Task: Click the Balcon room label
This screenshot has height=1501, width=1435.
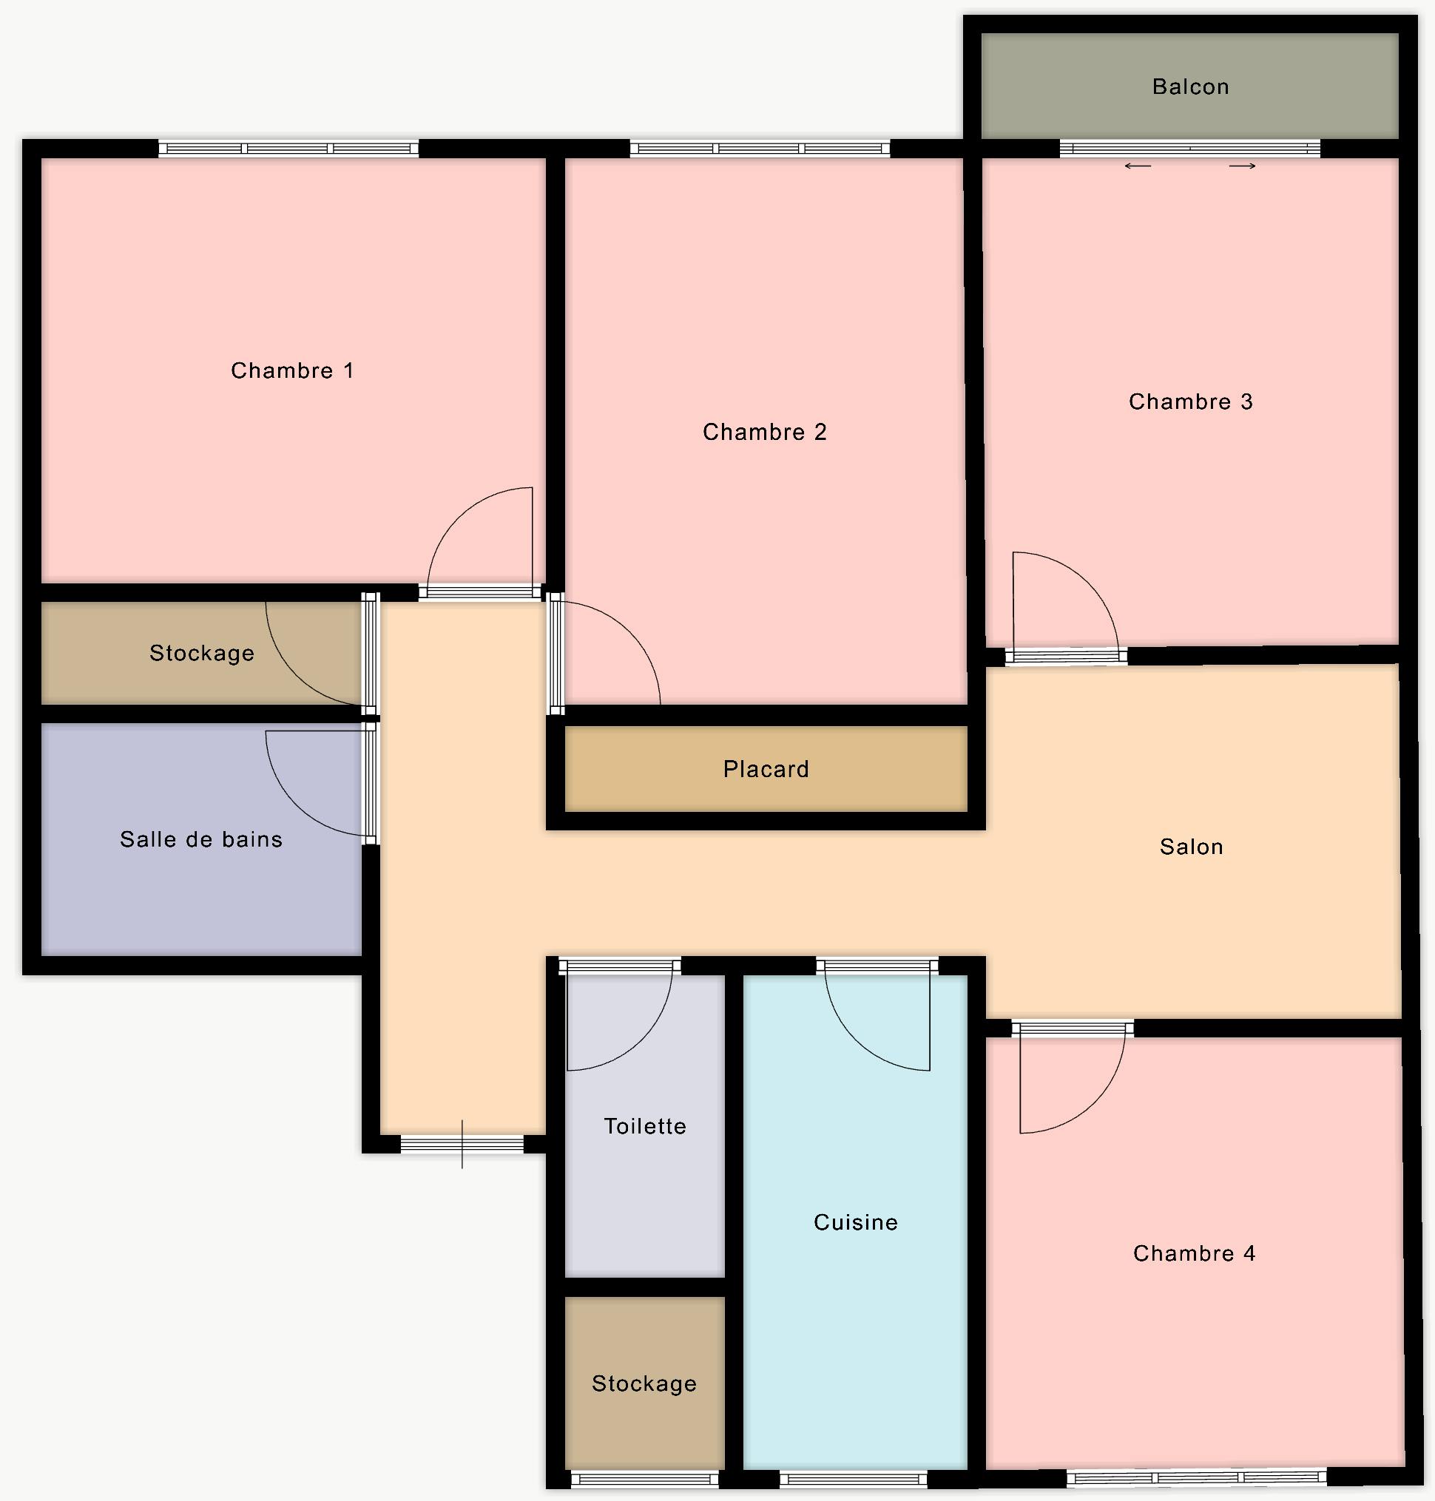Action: coord(1190,87)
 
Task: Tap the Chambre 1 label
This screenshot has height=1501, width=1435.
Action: coord(292,371)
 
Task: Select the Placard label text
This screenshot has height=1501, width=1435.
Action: coord(766,769)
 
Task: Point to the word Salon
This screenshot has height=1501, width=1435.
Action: coord(1191,847)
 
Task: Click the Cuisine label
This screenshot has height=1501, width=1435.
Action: coord(855,1223)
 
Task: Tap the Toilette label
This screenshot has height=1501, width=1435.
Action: coord(645,1126)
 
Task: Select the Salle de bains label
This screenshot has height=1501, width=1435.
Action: coord(201,839)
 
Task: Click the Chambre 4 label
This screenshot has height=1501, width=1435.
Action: coord(1194,1253)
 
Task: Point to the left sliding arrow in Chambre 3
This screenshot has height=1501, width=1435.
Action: coord(1138,166)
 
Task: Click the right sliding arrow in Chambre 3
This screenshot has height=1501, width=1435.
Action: coord(1242,166)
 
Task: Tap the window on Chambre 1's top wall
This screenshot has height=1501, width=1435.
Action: coord(288,149)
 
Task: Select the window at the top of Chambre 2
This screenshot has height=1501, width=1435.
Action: coord(760,149)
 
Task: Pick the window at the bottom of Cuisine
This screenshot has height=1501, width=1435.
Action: coord(854,1480)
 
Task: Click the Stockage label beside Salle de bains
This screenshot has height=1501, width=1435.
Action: coord(202,653)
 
